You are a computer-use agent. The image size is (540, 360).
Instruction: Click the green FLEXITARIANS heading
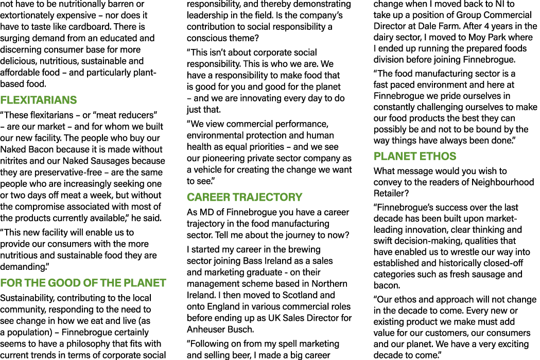point(39,100)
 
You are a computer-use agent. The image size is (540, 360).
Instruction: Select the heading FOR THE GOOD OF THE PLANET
point(83,283)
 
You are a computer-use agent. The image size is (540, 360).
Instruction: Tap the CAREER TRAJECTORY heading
point(245,197)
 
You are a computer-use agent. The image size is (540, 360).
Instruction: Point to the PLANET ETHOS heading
point(415,156)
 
